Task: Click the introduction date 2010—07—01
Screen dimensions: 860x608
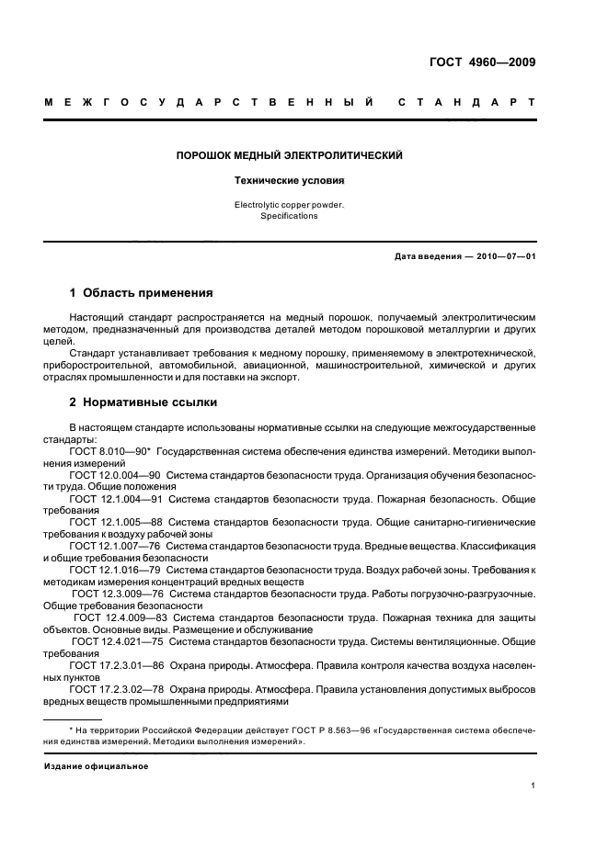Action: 504,256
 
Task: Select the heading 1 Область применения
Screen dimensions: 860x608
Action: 142,294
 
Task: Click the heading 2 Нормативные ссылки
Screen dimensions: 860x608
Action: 143,402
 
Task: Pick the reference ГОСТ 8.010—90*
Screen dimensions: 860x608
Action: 110,452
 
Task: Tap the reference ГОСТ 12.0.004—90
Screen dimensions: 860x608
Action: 115,475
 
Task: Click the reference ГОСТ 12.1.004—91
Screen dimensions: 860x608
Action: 115,498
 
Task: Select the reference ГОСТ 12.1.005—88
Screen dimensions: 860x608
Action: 115,521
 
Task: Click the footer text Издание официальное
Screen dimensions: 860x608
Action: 96,765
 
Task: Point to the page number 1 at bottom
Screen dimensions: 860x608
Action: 533,786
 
